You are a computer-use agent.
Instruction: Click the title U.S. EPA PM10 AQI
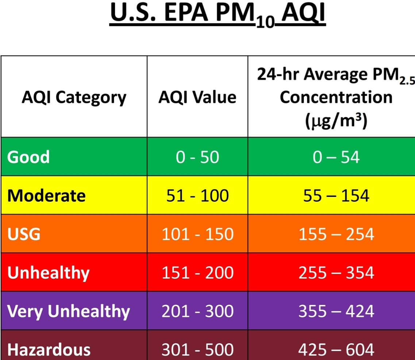click(218, 15)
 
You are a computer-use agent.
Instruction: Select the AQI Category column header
click(74, 97)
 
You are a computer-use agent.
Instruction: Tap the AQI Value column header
click(197, 97)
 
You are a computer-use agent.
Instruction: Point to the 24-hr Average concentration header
click(336, 97)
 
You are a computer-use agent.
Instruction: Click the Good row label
click(28, 157)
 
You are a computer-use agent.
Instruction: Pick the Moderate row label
click(46, 196)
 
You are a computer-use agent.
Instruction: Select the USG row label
click(24, 234)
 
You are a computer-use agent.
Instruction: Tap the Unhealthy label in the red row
click(48, 273)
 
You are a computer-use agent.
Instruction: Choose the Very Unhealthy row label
click(69, 311)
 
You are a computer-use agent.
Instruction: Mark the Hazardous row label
click(49, 350)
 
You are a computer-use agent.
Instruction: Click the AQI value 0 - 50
click(197, 157)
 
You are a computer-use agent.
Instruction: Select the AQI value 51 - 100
click(197, 196)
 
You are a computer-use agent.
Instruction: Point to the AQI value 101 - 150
click(197, 234)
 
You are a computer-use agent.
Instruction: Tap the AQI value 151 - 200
click(197, 273)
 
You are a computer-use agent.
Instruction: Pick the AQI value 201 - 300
click(197, 311)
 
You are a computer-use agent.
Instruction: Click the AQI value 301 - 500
click(197, 350)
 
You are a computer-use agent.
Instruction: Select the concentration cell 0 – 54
click(336, 157)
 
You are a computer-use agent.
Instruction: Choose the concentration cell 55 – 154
click(336, 196)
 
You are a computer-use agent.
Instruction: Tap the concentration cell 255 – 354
click(336, 273)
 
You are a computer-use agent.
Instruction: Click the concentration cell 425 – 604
click(336, 350)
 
